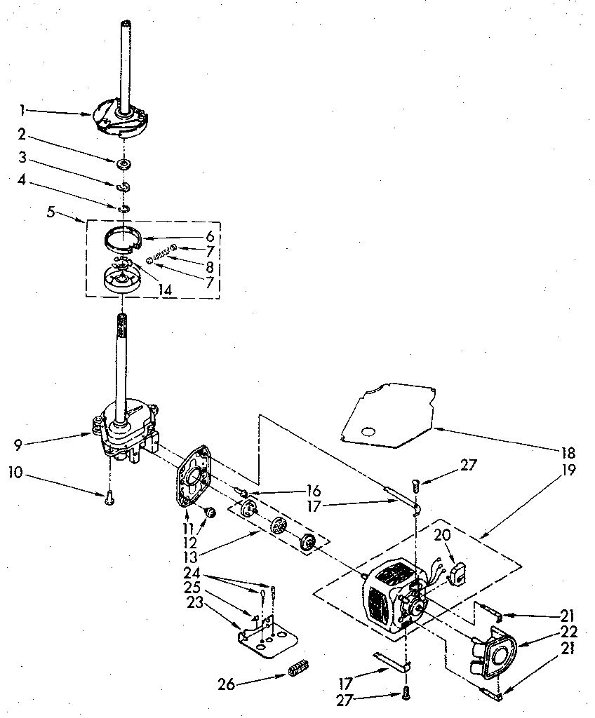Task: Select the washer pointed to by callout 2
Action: click(123, 164)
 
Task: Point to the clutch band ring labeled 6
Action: click(123, 238)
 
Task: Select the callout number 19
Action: click(568, 470)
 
